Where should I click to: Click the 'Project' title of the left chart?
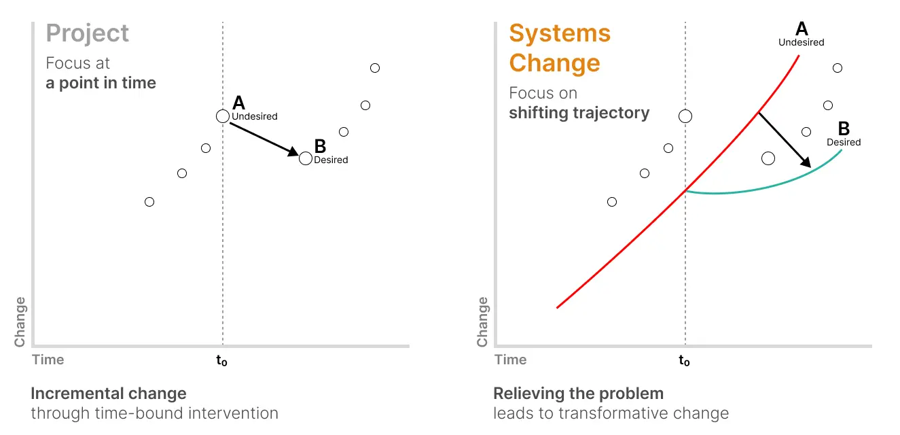pos(88,34)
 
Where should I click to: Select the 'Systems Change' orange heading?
pos(560,48)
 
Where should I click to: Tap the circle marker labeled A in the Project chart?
pos(223,116)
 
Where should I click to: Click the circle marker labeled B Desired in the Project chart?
pos(306,158)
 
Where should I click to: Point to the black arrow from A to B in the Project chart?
pos(264,137)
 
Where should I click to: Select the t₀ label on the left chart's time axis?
pos(222,361)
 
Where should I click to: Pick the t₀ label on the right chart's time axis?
pos(685,361)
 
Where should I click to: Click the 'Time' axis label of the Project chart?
pos(48,360)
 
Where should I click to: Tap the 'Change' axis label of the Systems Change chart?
pos(482,321)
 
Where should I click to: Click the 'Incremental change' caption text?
pos(109,394)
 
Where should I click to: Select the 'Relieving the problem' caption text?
pos(578,394)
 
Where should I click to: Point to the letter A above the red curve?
pos(802,29)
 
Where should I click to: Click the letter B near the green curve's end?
pos(844,128)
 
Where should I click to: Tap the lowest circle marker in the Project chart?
pos(149,202)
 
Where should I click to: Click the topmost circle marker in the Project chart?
pos(375,68)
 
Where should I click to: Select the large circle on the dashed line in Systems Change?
pos(685,116)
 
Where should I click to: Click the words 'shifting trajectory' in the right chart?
pos(579,113)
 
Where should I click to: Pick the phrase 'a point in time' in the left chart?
pos(101,83)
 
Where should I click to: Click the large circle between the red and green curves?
pos(768,158)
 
